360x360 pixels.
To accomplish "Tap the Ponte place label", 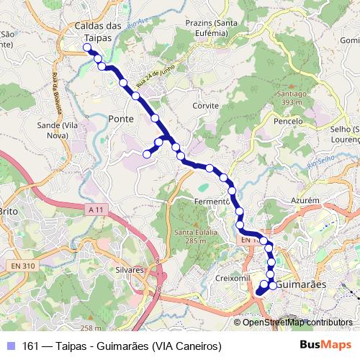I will [x=120, y=119].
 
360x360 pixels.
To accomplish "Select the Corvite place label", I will [x=205, y=105].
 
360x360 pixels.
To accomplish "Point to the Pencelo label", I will [x=288, y=121].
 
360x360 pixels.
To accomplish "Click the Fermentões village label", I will [x=211, y=202].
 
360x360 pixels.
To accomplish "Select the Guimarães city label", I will [x=302, y=284].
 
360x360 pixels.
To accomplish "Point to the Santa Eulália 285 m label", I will [x=190, y=236].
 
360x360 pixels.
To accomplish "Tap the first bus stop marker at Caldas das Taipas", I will [x=88, y=48].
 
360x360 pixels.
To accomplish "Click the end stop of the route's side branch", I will [x=147, y=153].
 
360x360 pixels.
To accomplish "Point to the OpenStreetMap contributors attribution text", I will [x=297, y=323].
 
